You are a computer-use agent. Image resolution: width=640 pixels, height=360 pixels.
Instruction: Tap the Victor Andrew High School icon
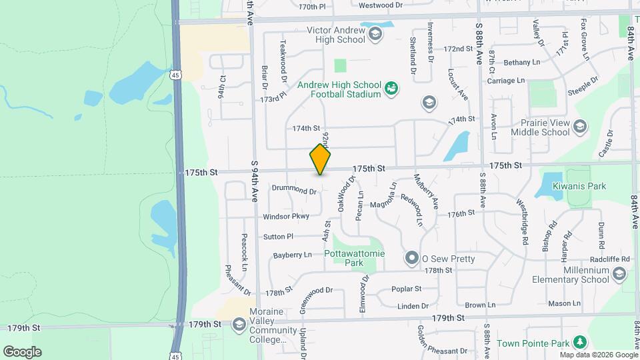[x=375, y=33]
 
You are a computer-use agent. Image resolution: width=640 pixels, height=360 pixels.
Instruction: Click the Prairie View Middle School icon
[x=579, y=126]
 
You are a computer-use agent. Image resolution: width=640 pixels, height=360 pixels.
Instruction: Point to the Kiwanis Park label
[x=584, y=186]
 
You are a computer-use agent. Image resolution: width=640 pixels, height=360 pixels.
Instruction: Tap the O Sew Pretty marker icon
[x=413, y=257]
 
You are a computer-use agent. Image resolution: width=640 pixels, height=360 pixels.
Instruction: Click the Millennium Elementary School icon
[x=619, y=274]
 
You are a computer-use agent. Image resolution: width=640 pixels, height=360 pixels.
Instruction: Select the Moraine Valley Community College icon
[x=239, y=325]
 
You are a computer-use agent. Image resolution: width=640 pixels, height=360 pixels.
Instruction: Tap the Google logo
[x=22, y=352]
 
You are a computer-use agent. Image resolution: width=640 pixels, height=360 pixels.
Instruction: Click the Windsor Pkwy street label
[x=286, y=216]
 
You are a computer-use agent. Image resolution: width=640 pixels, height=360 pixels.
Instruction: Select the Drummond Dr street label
[x=294, y=190]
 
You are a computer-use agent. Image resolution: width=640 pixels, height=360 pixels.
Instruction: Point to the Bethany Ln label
[x=522, y=62]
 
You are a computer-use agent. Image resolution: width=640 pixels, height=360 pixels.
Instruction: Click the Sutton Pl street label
[x=278, y=236]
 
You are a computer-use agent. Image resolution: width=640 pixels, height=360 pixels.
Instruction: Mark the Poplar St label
[x=407, y=289]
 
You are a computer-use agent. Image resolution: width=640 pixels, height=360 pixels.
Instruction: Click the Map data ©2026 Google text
[x=597, y=355]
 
